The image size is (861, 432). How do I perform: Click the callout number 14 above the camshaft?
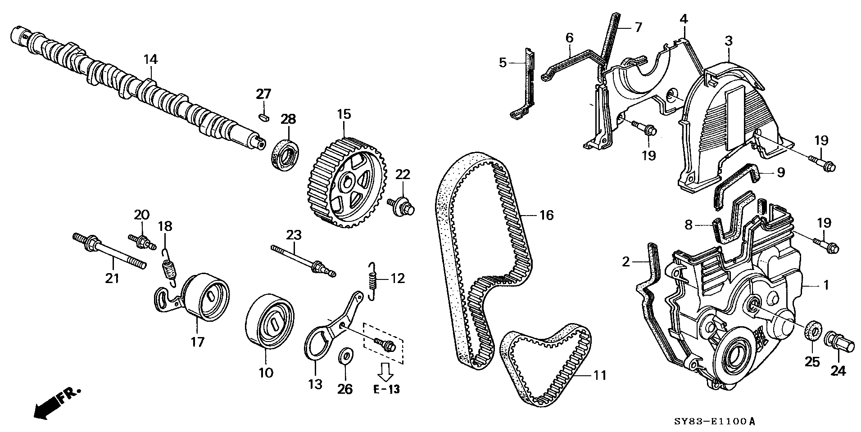tap(151, 59)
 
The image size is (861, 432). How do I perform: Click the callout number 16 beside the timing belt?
tap(546, 216)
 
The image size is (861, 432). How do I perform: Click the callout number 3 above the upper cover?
tap(728, 40)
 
